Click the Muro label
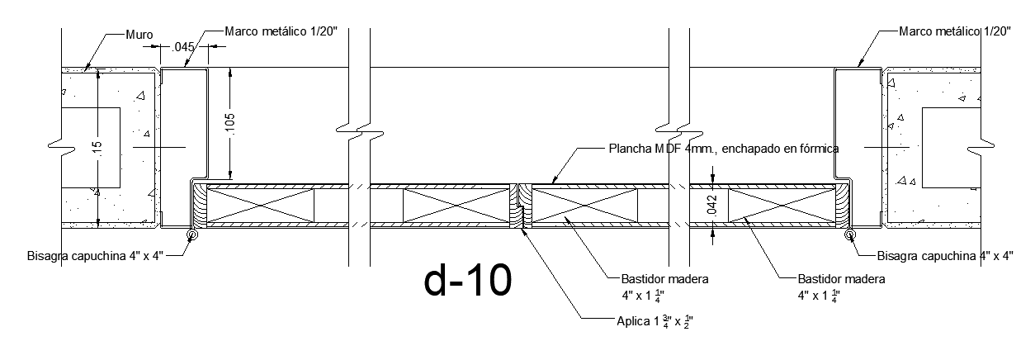tap(139, 35)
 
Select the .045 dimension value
tap(183, 47)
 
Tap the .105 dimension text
tap(230, 125)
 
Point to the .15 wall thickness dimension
tap(97, 149)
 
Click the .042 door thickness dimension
tap(712, 206)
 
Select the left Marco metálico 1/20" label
tap(281, 31)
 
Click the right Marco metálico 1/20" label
tap(955, 31)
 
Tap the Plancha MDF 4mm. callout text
tap(724, 149)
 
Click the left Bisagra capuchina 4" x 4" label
tap(95, 256)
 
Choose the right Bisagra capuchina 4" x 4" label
tap(945, 256)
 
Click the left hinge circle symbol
tap(191, 234)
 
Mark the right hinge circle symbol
tap(850, 234)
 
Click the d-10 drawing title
tap(468, 280)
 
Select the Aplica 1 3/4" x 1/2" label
tap(655, 320)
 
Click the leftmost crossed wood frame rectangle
tap(261, 206)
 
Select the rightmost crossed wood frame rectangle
tap(782, 206)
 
